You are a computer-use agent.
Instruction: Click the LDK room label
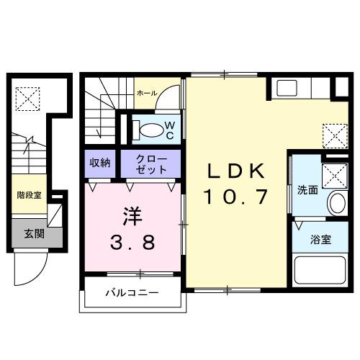(x=237, y=171)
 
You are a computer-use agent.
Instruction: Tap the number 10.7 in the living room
(x=237, y=195)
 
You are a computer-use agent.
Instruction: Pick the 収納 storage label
(x=99, y=163)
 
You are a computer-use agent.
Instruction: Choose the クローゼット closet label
(x=150, y=163)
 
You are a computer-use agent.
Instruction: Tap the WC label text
(x=169, y=129)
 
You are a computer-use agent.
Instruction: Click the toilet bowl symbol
(x=150, y=130)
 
